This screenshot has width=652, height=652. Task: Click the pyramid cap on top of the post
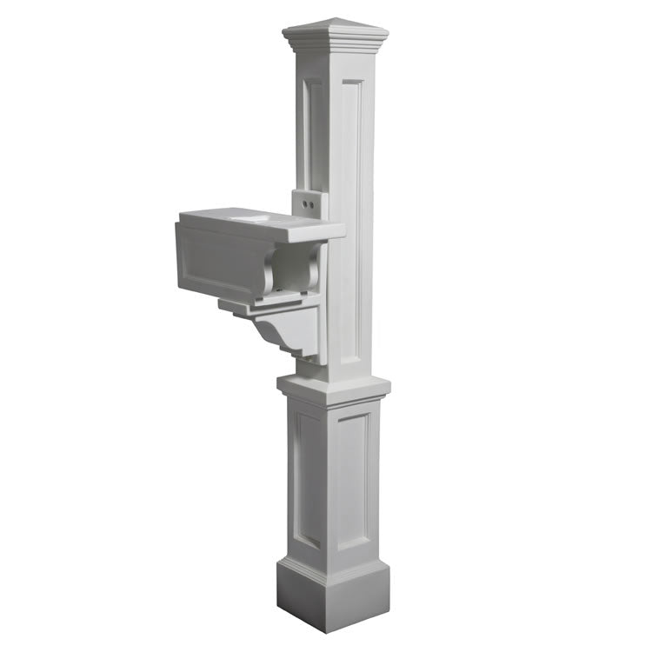[x=335, y=25]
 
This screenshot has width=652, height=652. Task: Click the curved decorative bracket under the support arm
[x=283, y=335]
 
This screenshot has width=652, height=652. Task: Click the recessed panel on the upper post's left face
[x=311, y=130]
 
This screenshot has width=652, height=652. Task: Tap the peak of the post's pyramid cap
[x=336, y=17]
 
